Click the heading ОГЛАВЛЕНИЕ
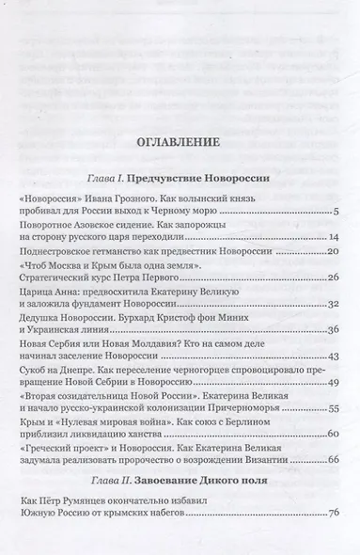tap(179, 144)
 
